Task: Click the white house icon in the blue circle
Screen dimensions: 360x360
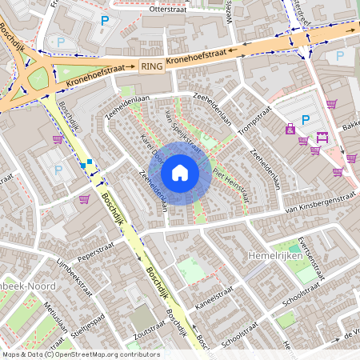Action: (x=180, y=172)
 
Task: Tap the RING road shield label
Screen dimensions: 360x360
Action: (x=151, y=66)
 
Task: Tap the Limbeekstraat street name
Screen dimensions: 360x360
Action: (x=76, y=277)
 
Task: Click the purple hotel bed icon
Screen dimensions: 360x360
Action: (x=322, y=136)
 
